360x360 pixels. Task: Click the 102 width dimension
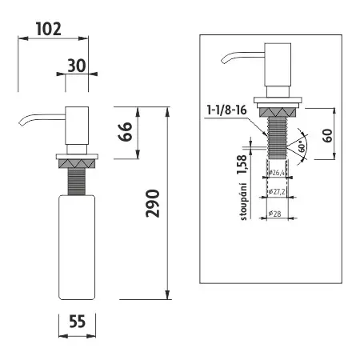click(x=49, y=30)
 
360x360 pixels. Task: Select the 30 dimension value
click(x=77, y=66)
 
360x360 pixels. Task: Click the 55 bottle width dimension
click(x=77, y=322)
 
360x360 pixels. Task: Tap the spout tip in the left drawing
click(x=19, y=122)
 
